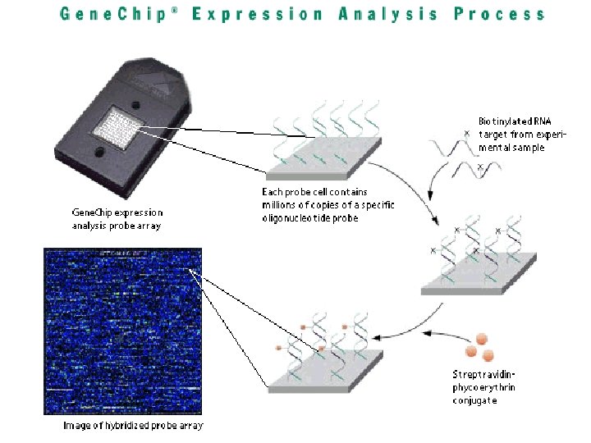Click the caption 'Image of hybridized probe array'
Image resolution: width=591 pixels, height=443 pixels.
pyautogui.click(x=133, y=426)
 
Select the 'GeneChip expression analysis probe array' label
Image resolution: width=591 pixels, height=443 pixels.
pyautogui.click(x=117, y=218)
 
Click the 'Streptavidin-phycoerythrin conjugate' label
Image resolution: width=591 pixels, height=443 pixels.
pyautogui.click(x=484, y=387)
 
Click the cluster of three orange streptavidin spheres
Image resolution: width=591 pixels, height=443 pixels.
pyautogui.click(x=479, y=348)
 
